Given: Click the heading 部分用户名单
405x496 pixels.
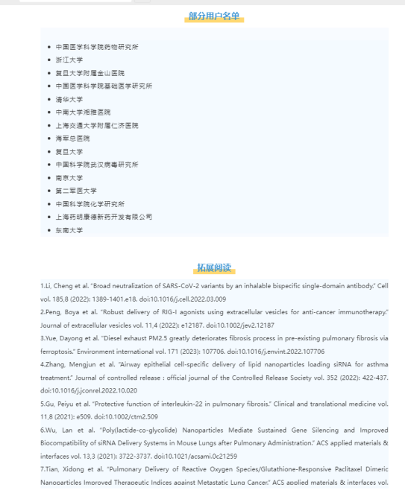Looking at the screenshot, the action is pos(214,16).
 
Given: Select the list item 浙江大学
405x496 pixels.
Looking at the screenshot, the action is pos(69,60).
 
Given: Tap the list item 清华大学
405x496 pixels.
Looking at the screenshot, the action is pos(69,99).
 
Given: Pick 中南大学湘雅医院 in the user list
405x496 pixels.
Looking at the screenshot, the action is pos(83,112).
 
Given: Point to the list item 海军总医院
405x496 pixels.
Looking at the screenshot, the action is pos(72,139).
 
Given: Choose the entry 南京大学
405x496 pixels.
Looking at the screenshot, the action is pos(69,178).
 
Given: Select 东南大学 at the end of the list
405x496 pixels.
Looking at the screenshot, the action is pos(69,230).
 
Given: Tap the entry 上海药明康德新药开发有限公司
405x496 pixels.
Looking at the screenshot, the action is pos(104,217).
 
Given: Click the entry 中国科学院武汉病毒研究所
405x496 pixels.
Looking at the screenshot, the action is pos(97,165).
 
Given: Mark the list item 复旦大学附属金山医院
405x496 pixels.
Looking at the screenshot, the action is pos(90,73).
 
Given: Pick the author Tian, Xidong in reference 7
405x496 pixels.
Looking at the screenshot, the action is pos(65,469).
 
